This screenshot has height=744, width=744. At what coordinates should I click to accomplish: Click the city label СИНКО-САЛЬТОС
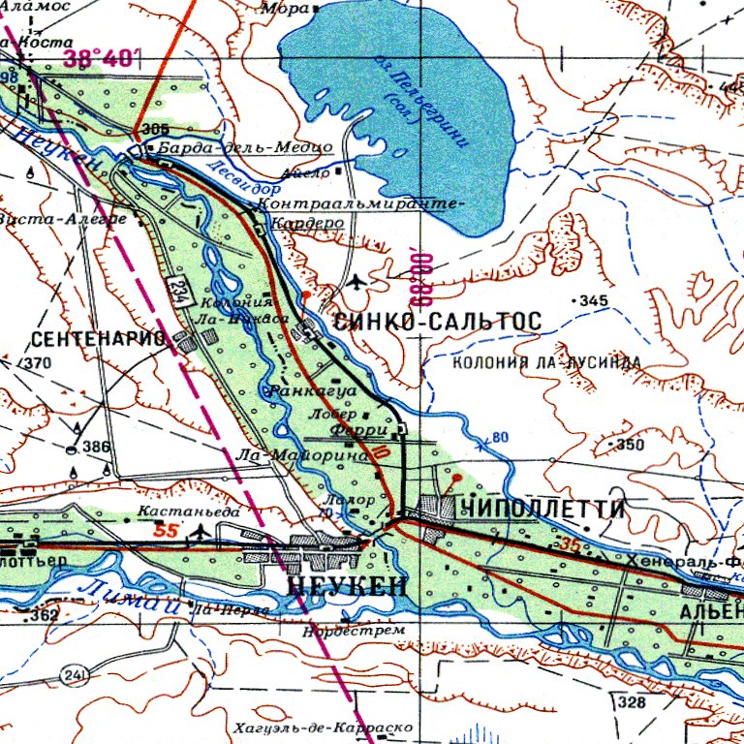click(436, 321)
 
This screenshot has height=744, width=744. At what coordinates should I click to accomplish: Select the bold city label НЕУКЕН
click(349, 588)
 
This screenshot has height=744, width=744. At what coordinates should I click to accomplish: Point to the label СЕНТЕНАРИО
click(100, 339)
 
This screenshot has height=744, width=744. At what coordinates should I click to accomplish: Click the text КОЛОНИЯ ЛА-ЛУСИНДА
click(547, 362)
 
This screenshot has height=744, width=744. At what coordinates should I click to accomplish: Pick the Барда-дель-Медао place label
click(244, 147)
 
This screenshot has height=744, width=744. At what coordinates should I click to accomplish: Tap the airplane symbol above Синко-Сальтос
click(359, 282)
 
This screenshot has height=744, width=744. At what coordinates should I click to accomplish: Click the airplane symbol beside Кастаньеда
click(201, 532)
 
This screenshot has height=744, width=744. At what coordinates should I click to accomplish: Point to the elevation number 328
click(632, 701)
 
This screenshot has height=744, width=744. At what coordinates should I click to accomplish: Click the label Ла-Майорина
click(302, 453)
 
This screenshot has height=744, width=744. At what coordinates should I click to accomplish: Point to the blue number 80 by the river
click(499, 437)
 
